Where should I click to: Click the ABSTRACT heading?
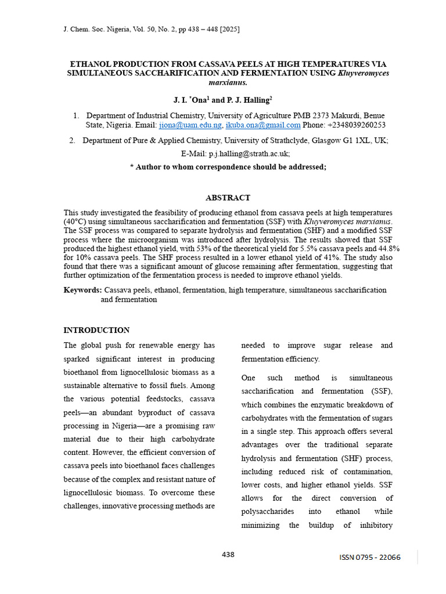click(x=228, y=198)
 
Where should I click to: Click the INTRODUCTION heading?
click(x=96, y=330)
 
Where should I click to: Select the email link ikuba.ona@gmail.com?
click(x=263, y=125)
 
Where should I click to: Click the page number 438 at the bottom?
click(x=228, y=555)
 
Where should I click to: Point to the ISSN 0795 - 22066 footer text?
click(x=370, y=557)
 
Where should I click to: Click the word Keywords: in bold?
click(x=82, y=290)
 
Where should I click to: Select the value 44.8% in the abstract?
click(x=386, y=248)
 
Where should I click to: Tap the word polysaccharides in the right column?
click(x=268, y=512)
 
